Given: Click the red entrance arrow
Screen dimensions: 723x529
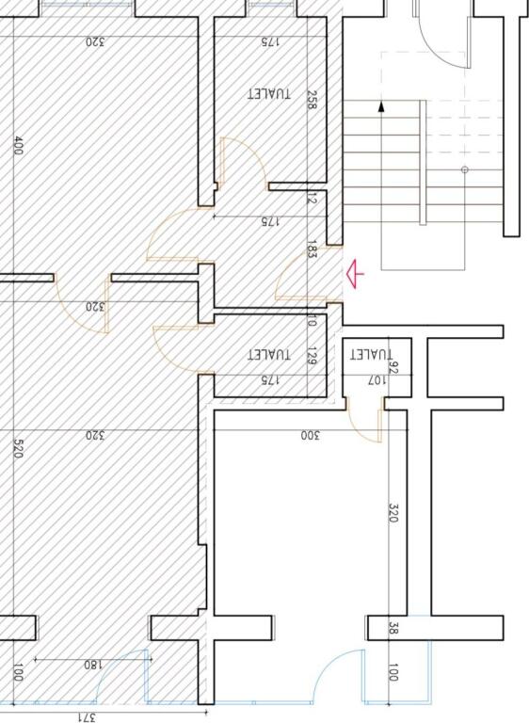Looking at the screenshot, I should click(x=354, y=274).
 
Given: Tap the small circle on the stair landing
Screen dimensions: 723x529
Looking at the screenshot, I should click(x=464, y=170).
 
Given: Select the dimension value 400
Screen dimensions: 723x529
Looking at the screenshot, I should click(x=18, y=146).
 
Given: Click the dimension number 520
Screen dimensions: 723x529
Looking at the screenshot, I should click(x=18, y=447).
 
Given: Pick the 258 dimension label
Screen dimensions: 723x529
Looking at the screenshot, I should click(x=312, y=101).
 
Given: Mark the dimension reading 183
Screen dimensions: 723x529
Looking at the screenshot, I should click(x=312, y=250).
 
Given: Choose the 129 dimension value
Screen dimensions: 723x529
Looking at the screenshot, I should click(x=312, y=356).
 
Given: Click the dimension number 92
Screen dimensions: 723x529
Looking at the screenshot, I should click(x=394, y=367).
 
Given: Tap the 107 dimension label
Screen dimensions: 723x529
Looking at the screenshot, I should click(x=375, y=381).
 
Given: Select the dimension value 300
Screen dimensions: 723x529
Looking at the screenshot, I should click(x=311, y=435).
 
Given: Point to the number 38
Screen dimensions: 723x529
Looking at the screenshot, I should click(x=393, y=628).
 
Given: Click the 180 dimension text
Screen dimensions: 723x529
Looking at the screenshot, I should click(x=91, y=665).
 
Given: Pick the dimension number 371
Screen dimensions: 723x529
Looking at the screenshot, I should click(x=87, y=716).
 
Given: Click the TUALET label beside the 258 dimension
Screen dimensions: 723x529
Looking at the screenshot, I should click(x=269, y=95).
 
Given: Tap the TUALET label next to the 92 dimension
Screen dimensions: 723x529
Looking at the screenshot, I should click(x=370, y=355).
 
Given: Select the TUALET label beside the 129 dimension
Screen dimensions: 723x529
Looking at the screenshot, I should click(x=269, y=355).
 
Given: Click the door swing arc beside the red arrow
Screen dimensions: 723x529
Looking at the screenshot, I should click(x=294, y=276).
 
